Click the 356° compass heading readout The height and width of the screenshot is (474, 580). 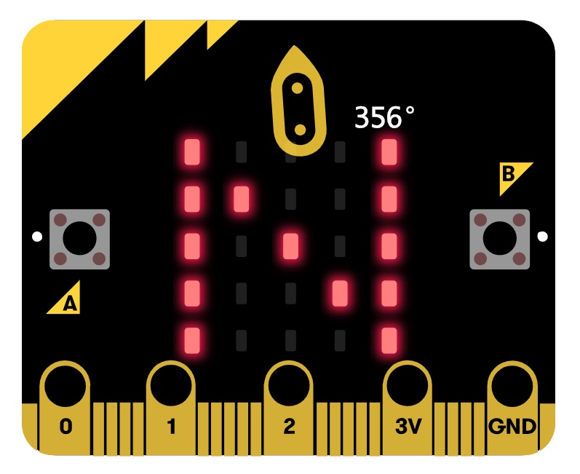pos(384,117)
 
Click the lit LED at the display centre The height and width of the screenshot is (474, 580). pos(291,245)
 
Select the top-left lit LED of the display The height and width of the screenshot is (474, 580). pos(192,151)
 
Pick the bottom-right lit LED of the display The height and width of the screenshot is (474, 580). pos(390,339)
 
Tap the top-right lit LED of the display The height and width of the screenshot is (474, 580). pos(390,151)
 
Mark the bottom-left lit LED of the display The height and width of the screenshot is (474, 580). pos(192,339)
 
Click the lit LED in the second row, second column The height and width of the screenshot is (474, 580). pos(242,198)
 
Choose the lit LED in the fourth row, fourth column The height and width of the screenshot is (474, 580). pos(340,293)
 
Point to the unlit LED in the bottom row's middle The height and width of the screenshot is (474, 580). pos(291,339)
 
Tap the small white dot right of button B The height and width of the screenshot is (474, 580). pos(541,236)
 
